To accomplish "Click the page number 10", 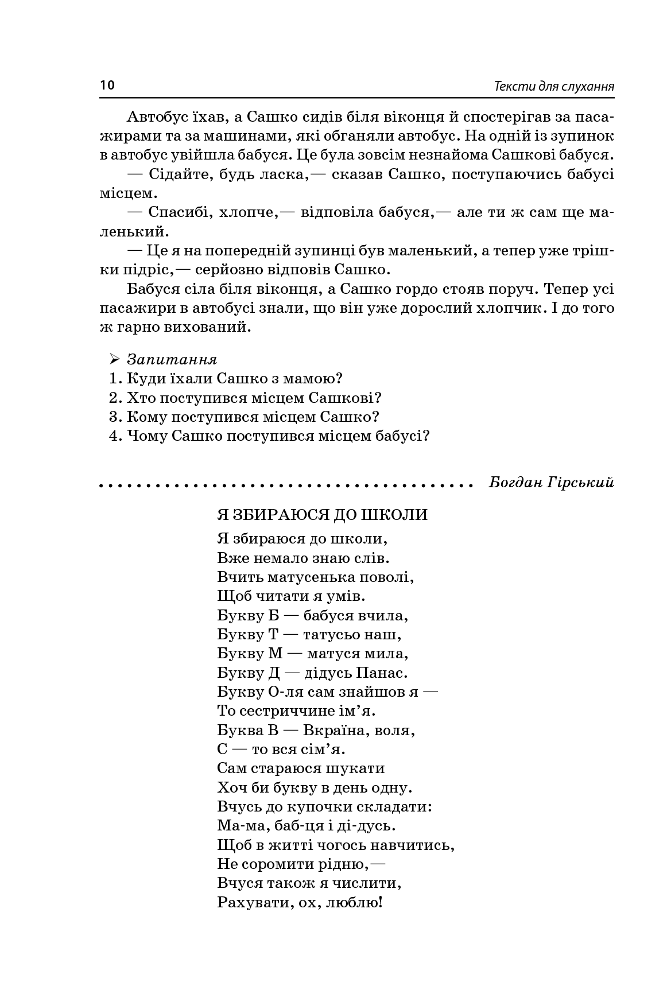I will [x=107, y=86].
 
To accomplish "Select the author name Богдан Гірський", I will [x=551, y=483].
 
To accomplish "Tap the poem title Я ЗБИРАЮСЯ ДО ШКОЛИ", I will [x=323, y=514].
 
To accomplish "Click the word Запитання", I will [x=172, y=360].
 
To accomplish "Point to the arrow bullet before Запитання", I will [x=114, y=360].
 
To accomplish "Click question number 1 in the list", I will [x=113, y=379].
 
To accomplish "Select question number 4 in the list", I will [x=114, y=436].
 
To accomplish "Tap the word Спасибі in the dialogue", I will [x=173, y=213].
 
